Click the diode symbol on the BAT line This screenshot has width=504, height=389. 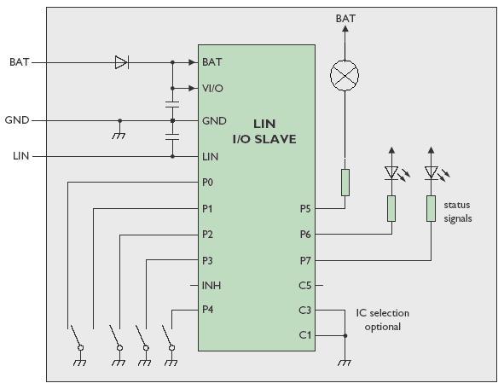pos(122,62)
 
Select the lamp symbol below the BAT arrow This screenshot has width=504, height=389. pos(345,76)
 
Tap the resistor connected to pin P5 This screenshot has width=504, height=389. pos(345,183)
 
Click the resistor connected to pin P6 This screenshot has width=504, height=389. pos(391,208)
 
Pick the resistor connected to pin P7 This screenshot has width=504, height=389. pos(431,208)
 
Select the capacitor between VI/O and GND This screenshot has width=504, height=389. pos(172,104)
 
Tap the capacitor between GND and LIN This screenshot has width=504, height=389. pos(172,136)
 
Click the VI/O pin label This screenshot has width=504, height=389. pos(212,89)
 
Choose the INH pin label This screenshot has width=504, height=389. pos(211,286)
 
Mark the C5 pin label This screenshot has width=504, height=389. pos(305,286)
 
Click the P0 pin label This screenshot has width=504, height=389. pos(207,183)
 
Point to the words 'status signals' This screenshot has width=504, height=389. pos(458,212)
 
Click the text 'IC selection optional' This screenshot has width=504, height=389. pos(383,320)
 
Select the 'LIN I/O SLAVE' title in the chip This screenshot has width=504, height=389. pos(264,131)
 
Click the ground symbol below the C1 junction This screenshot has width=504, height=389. pos(345,363)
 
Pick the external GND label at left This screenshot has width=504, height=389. pos(17,120)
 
